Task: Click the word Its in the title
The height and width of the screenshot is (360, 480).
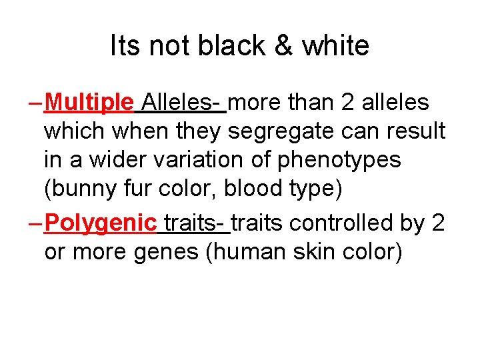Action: [126, 46]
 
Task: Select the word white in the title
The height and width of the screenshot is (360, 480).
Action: [335, 46]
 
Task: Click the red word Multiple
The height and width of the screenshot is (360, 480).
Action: [91, 103]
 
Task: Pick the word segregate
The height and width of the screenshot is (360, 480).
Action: [279, 132]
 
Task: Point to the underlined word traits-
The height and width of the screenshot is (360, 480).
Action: [196, 223]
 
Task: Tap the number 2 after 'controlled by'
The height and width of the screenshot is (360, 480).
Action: [438, 223]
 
